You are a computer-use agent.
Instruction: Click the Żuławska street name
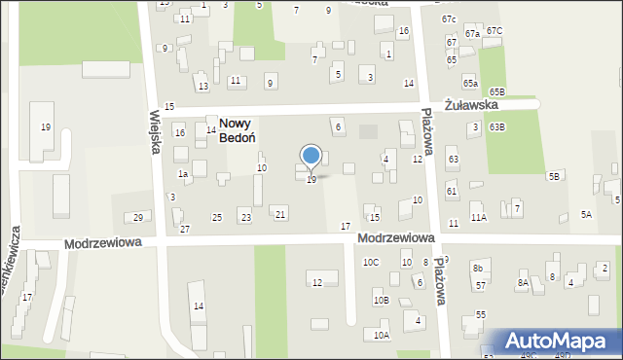(471, 104)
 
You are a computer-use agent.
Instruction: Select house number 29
(138, 217)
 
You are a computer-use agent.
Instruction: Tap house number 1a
(182, 174)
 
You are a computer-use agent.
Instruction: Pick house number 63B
(497, 127)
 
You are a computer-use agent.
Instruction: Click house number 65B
(497, 90)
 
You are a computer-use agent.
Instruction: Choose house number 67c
(448, 19)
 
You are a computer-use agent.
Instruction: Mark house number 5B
(554, 176)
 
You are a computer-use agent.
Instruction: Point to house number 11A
(478, 218)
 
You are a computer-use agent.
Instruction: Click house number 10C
(371, 263)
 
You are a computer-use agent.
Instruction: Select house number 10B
(381, 301)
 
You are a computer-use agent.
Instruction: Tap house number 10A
(381, 335)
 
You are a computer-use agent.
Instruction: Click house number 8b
(477, 268)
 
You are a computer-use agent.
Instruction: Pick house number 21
(280, 214)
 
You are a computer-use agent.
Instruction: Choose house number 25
(217, 217)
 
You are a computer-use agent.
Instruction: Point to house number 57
(481, 286)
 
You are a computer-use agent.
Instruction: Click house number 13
(202, 87)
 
